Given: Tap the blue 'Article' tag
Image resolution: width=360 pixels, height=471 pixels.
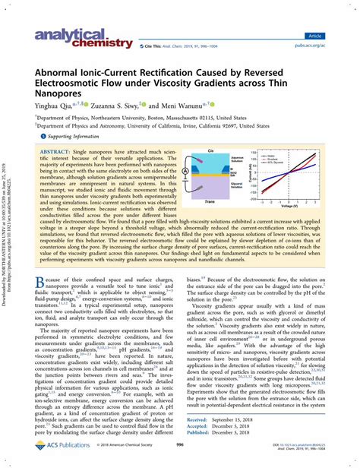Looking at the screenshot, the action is point(334,35).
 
